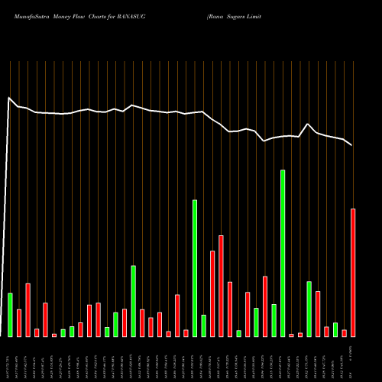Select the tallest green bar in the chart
pos(283,253)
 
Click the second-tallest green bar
pos(195,267)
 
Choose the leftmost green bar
pos(11,314)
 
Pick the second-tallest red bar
pos(222,286)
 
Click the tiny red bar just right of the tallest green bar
pos(291,335)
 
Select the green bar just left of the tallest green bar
pos(274,320)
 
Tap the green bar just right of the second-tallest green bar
pos(204,325)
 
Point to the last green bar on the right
pos(335,329)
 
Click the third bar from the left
pos(28,309)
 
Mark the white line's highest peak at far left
pos(9,98)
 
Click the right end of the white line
pos(351,145)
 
